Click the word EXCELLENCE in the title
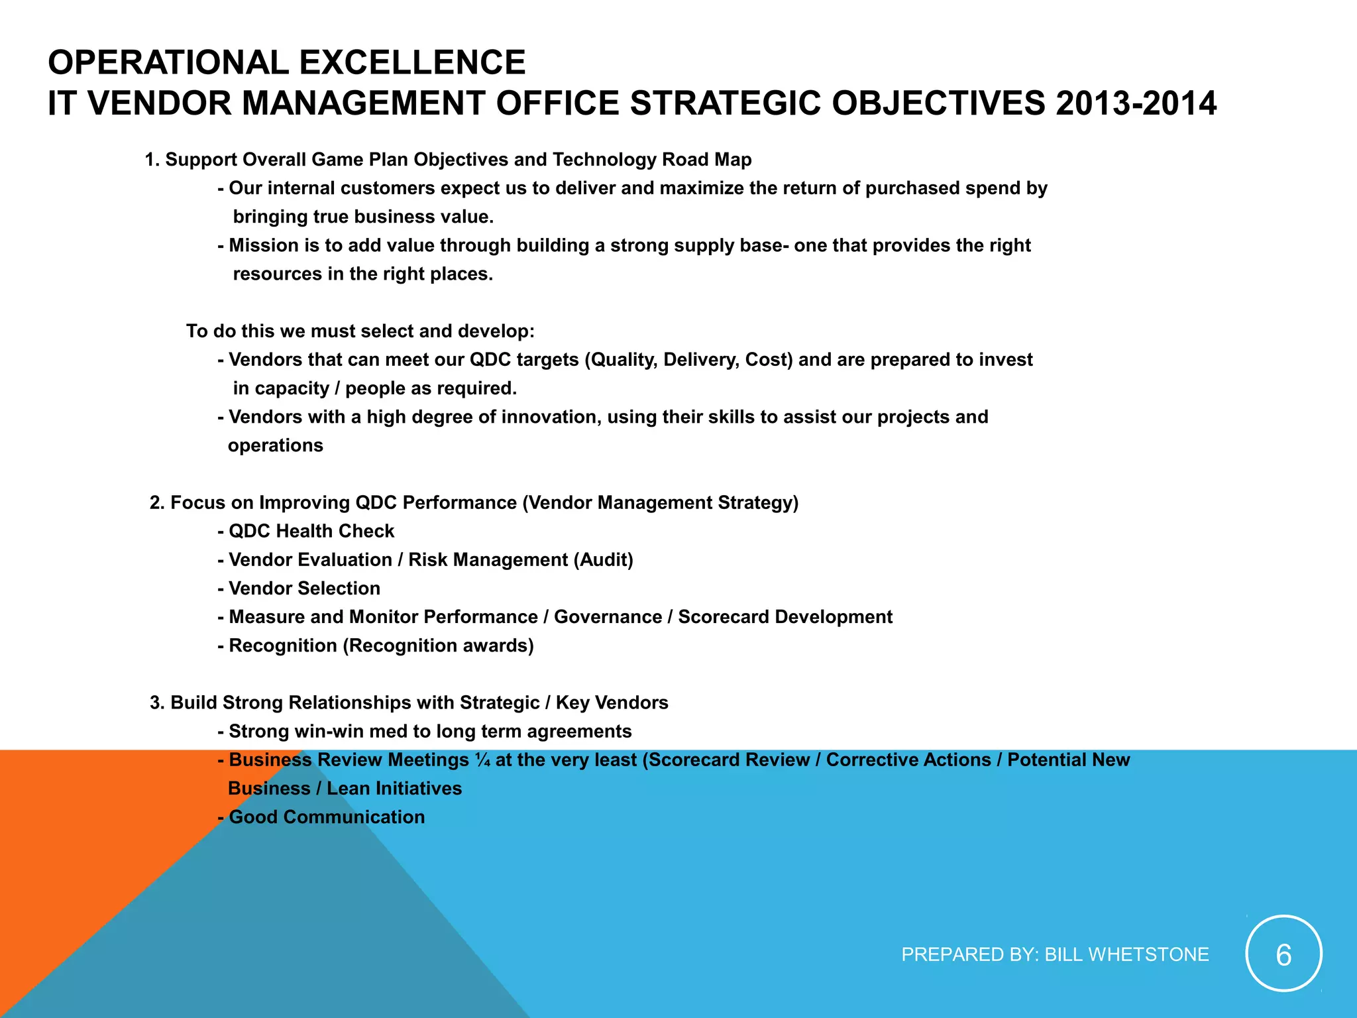(412, 63)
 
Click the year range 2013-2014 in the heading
(1136, 104)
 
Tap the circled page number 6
(1283, 954)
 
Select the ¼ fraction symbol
(482, 760)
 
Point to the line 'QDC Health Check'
(311, 532)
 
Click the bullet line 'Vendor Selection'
(304, 589)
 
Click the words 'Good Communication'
(327, 817)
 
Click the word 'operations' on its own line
(276, 445)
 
